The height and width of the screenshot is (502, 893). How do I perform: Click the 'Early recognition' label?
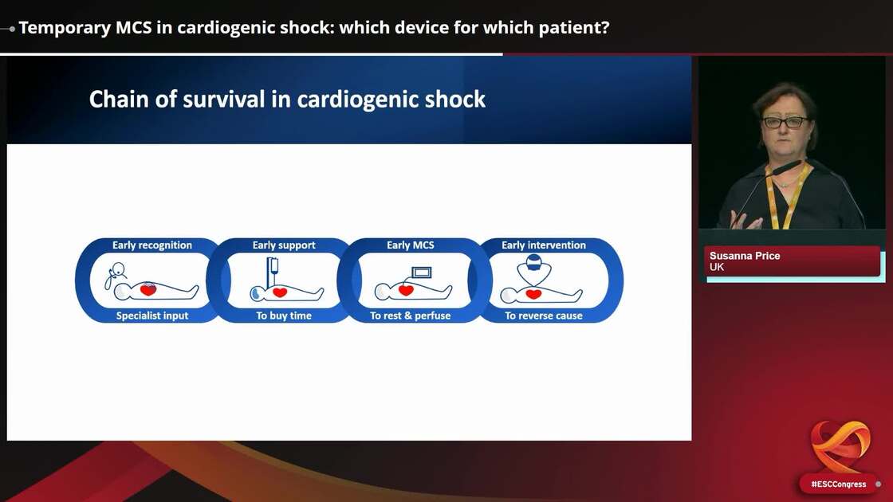tap(151, 245)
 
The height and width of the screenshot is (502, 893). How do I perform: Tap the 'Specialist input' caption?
tap(152, 316)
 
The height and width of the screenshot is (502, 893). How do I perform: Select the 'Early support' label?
tap(284, 245)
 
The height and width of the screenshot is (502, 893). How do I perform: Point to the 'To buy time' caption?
tap(284, 316)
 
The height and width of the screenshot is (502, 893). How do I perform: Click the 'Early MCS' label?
tap(410, 245)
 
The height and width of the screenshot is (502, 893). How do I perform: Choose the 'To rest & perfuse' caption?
tap(410, 316)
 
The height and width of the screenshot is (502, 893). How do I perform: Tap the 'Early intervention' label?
tap(543, 245)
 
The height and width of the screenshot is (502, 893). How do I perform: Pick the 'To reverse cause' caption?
tap(543, 316)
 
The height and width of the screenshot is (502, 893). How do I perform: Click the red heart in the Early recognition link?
tap(148, 291)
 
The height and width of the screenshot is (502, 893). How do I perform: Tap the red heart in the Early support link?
tap(280, 292)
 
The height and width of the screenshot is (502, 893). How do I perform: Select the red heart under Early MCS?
tap(406, 291)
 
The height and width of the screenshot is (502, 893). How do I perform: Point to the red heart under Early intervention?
tap(533, 294)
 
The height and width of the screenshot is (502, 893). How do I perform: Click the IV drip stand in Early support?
tap(272, 271)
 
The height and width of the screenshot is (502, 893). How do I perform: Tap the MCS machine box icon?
tap(420, 272)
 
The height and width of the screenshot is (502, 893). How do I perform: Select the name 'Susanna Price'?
tap(745, 256)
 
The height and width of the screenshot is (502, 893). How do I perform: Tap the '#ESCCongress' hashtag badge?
tap(838, 484)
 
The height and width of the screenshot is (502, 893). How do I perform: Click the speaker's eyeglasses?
tap(785, 123)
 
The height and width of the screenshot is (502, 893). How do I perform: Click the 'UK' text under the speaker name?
tap(717, 267)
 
